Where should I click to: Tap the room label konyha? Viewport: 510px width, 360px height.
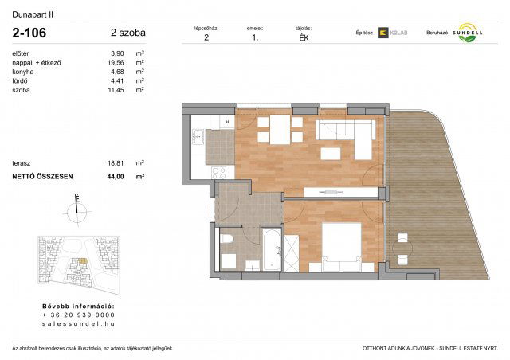coord(23,72)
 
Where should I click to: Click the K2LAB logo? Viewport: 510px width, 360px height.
coord(392,33)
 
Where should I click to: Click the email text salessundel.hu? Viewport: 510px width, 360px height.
coord(77,324)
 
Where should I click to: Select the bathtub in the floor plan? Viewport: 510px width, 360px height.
coord(271,249)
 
